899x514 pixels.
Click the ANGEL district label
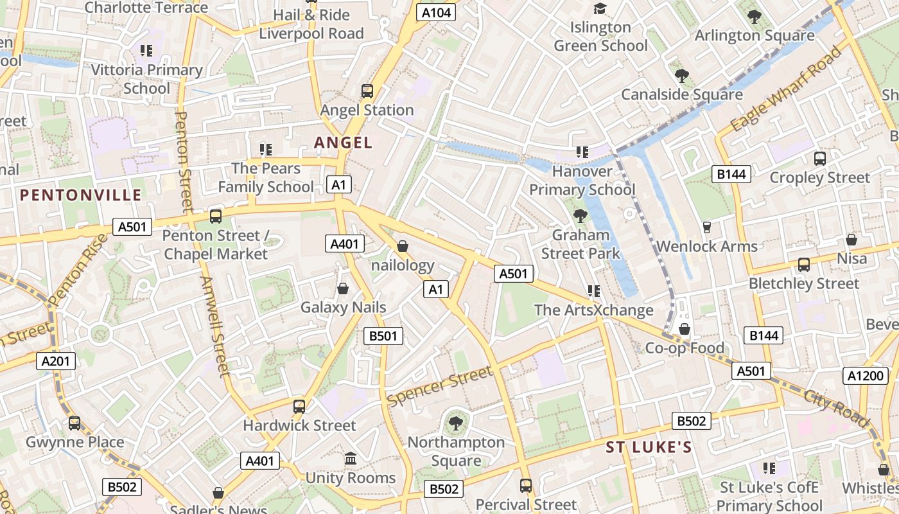[x=343, y=143]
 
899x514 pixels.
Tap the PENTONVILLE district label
[x=80, y=195]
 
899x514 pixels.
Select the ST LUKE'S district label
[x=649, y=447]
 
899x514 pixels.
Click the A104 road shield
[x=436, y=12]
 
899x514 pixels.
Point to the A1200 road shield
[x=865, y=376]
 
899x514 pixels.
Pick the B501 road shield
[x=383, y=335]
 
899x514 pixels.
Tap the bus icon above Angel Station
[x=367, y=91]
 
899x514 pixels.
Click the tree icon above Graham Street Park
[x=580, y=215]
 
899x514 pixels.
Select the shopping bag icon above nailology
[x=403, y=246]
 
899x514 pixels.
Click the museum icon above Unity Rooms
[x=351, y=459]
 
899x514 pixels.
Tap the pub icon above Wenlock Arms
[x=707, y=227]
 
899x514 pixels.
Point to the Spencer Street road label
[x=441, y=387]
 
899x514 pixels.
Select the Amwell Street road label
[x=214, y=326]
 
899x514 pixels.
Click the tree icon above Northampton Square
[x=456, y=423]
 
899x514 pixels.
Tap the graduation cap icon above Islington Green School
[x=600, y=8]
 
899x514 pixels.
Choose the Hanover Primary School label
[x=582, y=181]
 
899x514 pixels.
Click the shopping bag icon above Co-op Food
[x=685, y=329]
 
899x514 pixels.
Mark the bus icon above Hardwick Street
[x=299, y=406]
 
